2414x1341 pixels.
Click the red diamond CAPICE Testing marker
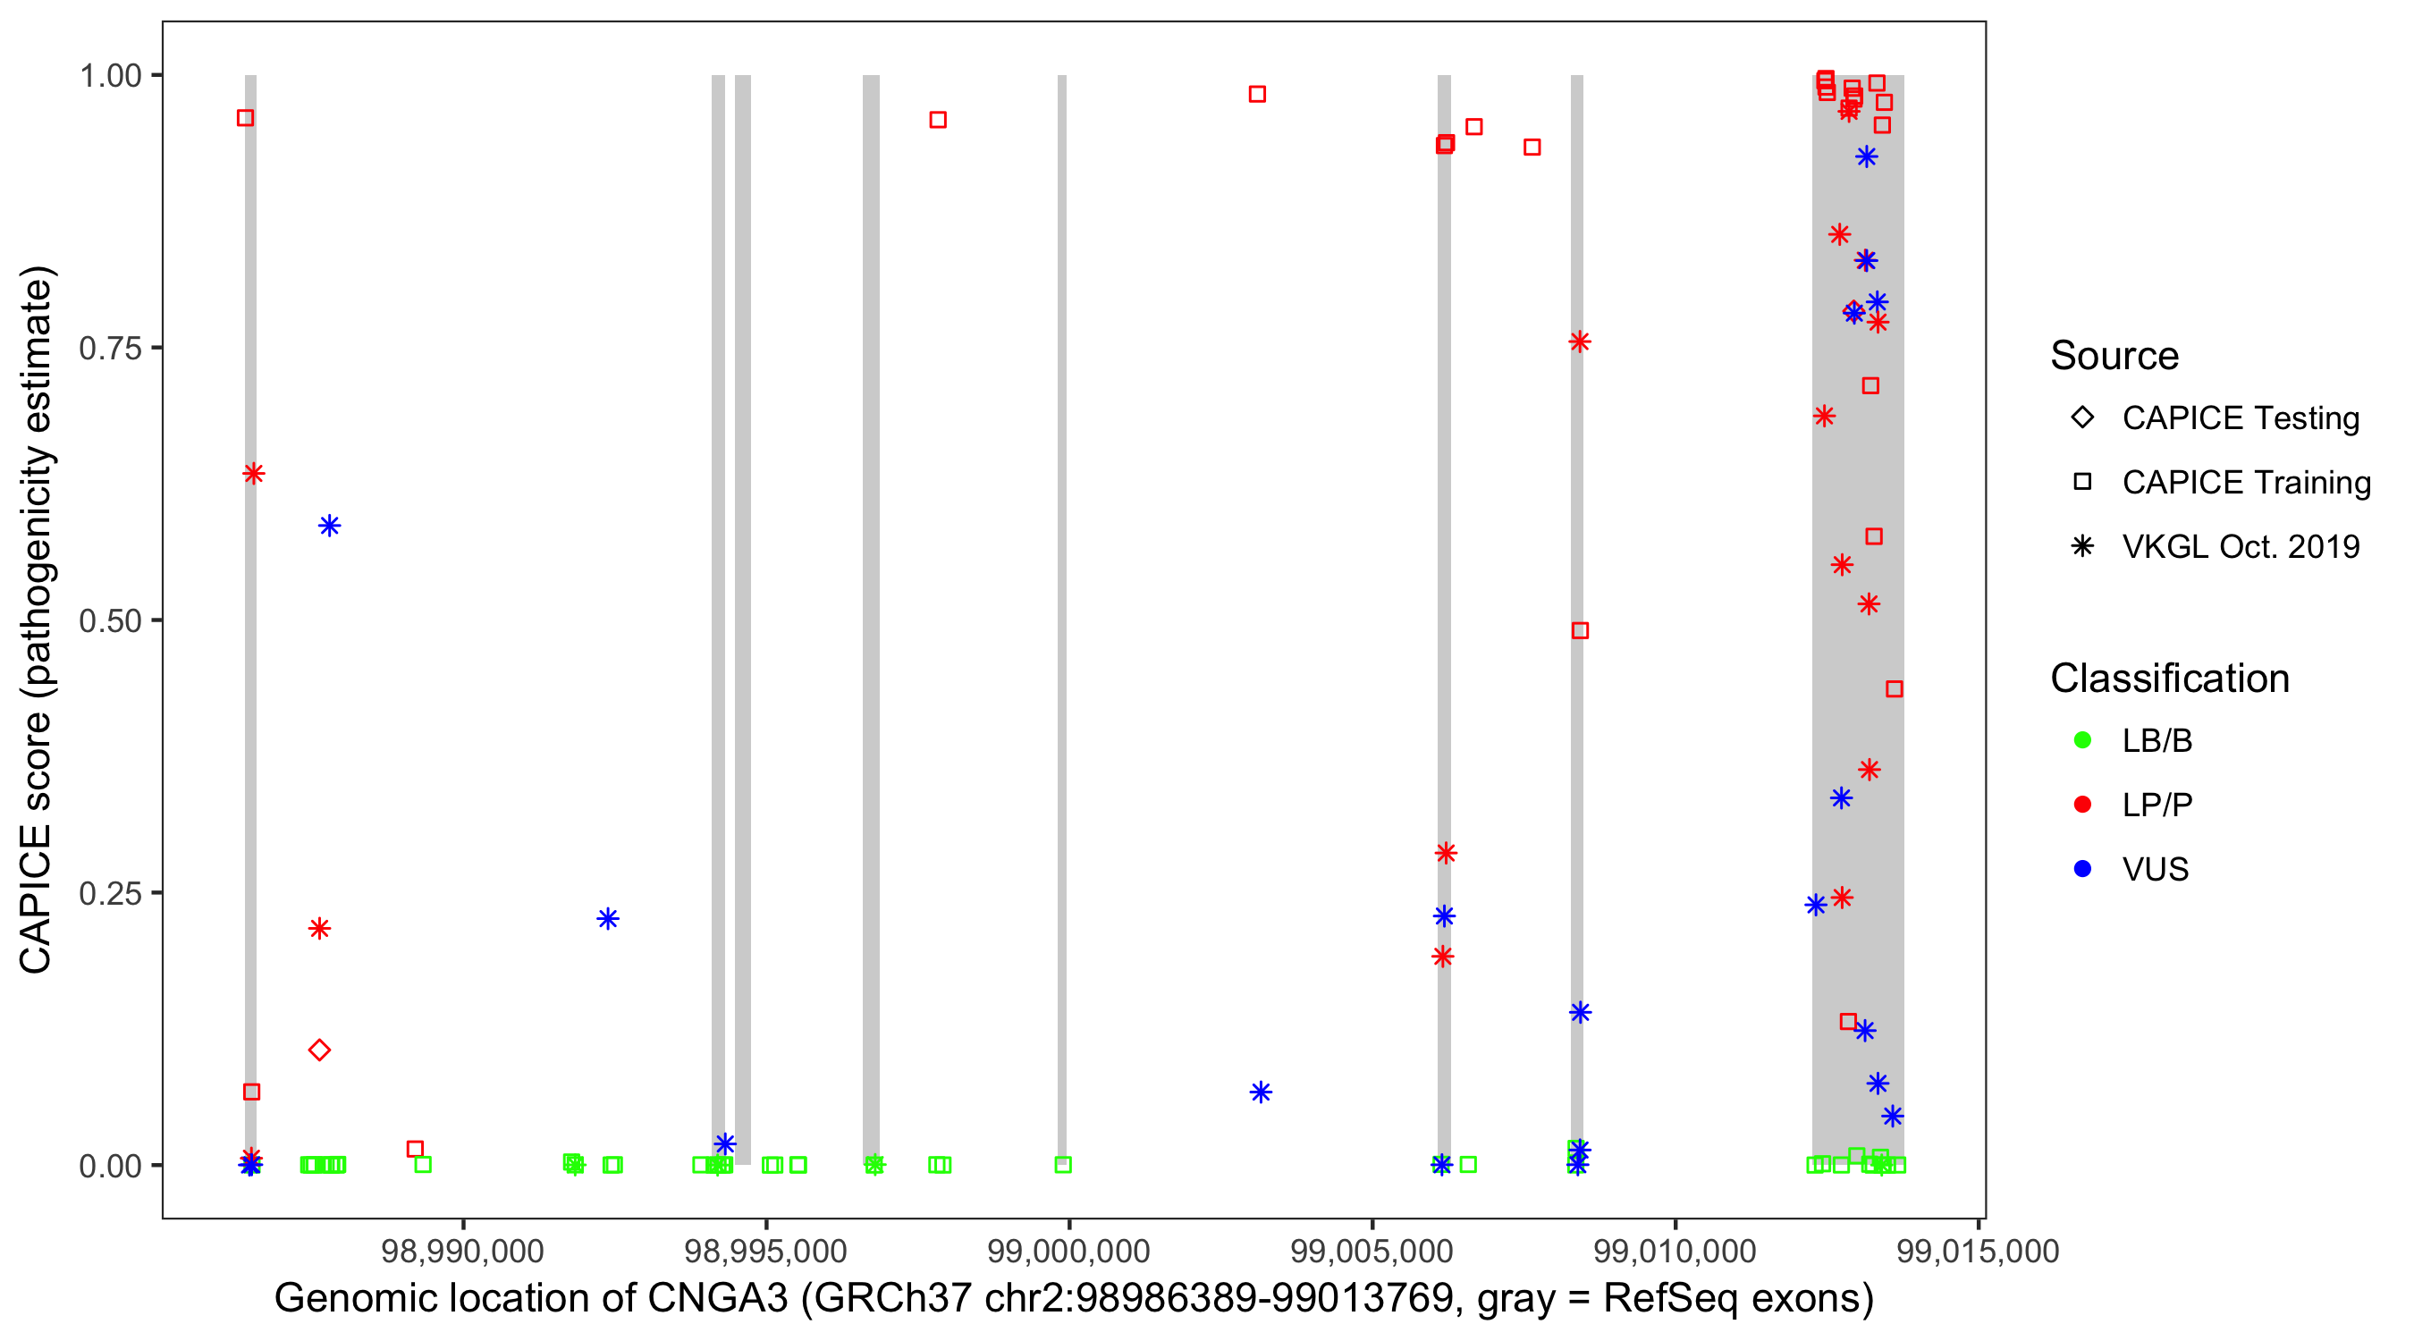point(319,1050)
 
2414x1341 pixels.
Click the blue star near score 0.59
point(329,526)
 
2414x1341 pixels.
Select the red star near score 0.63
point(253,473)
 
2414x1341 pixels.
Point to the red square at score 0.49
point(1580,630)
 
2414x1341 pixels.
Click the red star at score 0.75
point(1580,342)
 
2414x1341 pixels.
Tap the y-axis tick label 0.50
point(110,620)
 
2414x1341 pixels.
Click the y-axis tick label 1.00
point(110,76)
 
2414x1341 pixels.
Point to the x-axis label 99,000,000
point(1068,1251)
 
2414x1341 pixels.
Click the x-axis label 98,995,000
point(765,1251)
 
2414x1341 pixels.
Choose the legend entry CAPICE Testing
point(2240,418)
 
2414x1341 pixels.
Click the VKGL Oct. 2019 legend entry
point(2240,546)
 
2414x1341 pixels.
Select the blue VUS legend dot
point(2082,869)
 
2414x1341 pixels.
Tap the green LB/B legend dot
point(2082,740)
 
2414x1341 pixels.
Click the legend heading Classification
point(2169,679)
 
